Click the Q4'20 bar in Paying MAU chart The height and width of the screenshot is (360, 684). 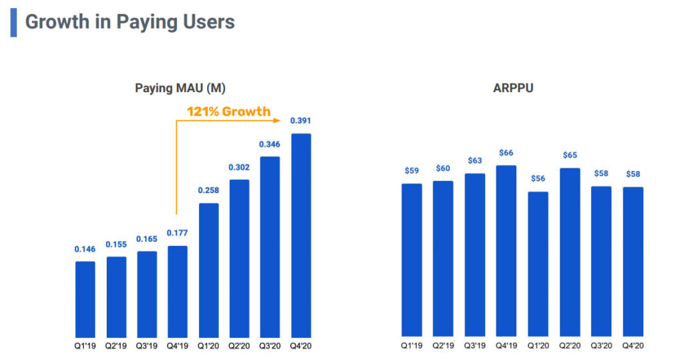(301, 234)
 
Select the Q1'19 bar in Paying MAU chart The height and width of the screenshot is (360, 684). (85, 299)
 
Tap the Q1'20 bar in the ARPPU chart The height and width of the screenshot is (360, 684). (538, 264)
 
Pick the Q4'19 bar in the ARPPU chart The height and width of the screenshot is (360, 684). (506, 250)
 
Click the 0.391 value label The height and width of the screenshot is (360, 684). (301, 121)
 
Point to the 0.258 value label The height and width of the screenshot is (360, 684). (208, 190)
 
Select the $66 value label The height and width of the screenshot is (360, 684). (506, 153)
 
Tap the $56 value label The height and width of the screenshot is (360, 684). (538, 179)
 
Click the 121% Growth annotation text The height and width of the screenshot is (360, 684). (228, 112)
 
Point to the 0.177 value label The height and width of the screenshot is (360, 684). (177, 233)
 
